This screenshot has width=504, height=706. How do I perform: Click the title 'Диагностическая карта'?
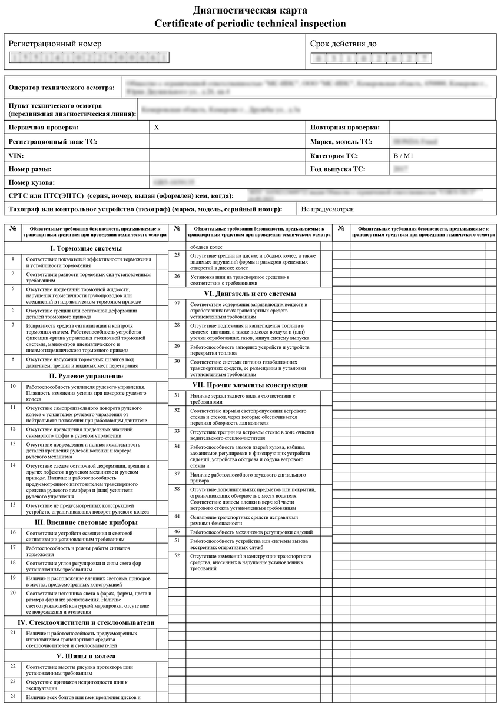pyautogui.click(x=250, y=11)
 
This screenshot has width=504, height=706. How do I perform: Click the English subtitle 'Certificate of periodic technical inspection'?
pyautogui.click(x=250, y=24)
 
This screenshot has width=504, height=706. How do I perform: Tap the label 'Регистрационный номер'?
pyautogui.click(x=55, y=44)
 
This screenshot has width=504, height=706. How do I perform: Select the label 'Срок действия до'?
pyautogui.click(x=344, y=44)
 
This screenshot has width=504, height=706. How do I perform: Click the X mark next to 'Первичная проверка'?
pyautogui.click(x=156, y=127)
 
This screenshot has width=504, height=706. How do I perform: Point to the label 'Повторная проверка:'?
pyautogui.click(x=345, y=127)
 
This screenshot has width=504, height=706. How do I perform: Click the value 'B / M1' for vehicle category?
pyautogui.click(x=403, y=156)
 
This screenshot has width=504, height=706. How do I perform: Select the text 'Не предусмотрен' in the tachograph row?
pyautogui.click(x=327, y=209)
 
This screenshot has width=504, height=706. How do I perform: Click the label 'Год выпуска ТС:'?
pyautogui.click(x=338, y=169)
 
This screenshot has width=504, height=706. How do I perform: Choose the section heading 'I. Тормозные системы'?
pyautogui.click(x=86, y=248)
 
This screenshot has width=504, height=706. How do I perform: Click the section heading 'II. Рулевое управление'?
pyautogui.click(x=86, y=376)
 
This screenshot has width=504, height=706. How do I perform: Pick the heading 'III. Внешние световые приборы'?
pyautogui.click(x=86, y=522)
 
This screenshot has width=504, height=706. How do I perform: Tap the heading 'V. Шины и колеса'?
pyautogui.click(x=86, y=655)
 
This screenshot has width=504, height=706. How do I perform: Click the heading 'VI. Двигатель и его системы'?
pyautogui.click(x=250, y=293)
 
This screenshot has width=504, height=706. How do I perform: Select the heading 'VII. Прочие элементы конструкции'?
pyautogui.click(x=250, y=385)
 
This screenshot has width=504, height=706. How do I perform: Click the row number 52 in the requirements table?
pyautogui.click(x=177, y=555)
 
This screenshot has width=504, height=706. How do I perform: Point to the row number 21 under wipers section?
pyautogui.click(x=13, y=632)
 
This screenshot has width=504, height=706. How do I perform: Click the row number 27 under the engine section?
pyautogui.click(x=177, y=304)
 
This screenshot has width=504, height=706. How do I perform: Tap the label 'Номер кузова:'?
pyautogui.click(x=32, y=183)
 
